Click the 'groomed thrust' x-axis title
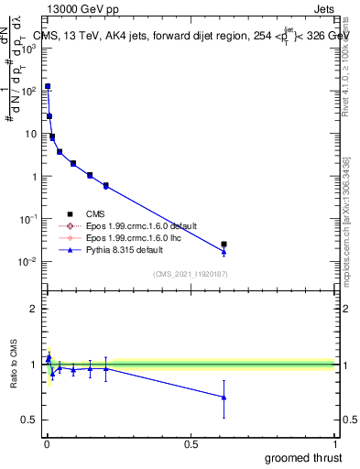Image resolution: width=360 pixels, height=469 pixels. pyautogui.click(x=303, y=457)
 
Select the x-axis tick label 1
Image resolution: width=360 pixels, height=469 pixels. pyautogui.click(x=335, y=444)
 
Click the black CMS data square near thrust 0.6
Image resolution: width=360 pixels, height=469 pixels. pyautogui.click(x=224, y=245)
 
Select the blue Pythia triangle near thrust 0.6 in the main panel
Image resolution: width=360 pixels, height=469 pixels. pyautogui.click(x=224, y=252)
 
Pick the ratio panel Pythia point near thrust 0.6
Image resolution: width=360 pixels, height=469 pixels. pyautogui.click(x=224, y=397)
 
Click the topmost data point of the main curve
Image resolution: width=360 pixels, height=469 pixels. pyautogui.click(x=48, y=86)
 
